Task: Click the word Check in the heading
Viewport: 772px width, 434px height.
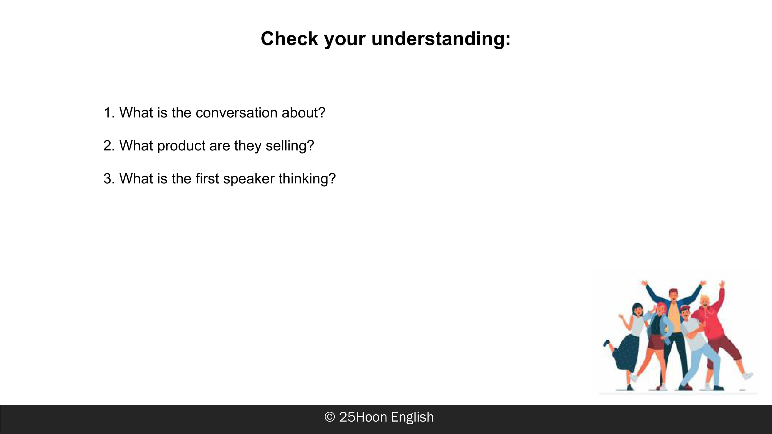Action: coord(289,39)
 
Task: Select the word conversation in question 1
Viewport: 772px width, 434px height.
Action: coord(236,113)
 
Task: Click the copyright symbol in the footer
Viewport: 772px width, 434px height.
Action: coord(329,417)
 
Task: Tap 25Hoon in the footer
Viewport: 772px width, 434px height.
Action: coord(363,417)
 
